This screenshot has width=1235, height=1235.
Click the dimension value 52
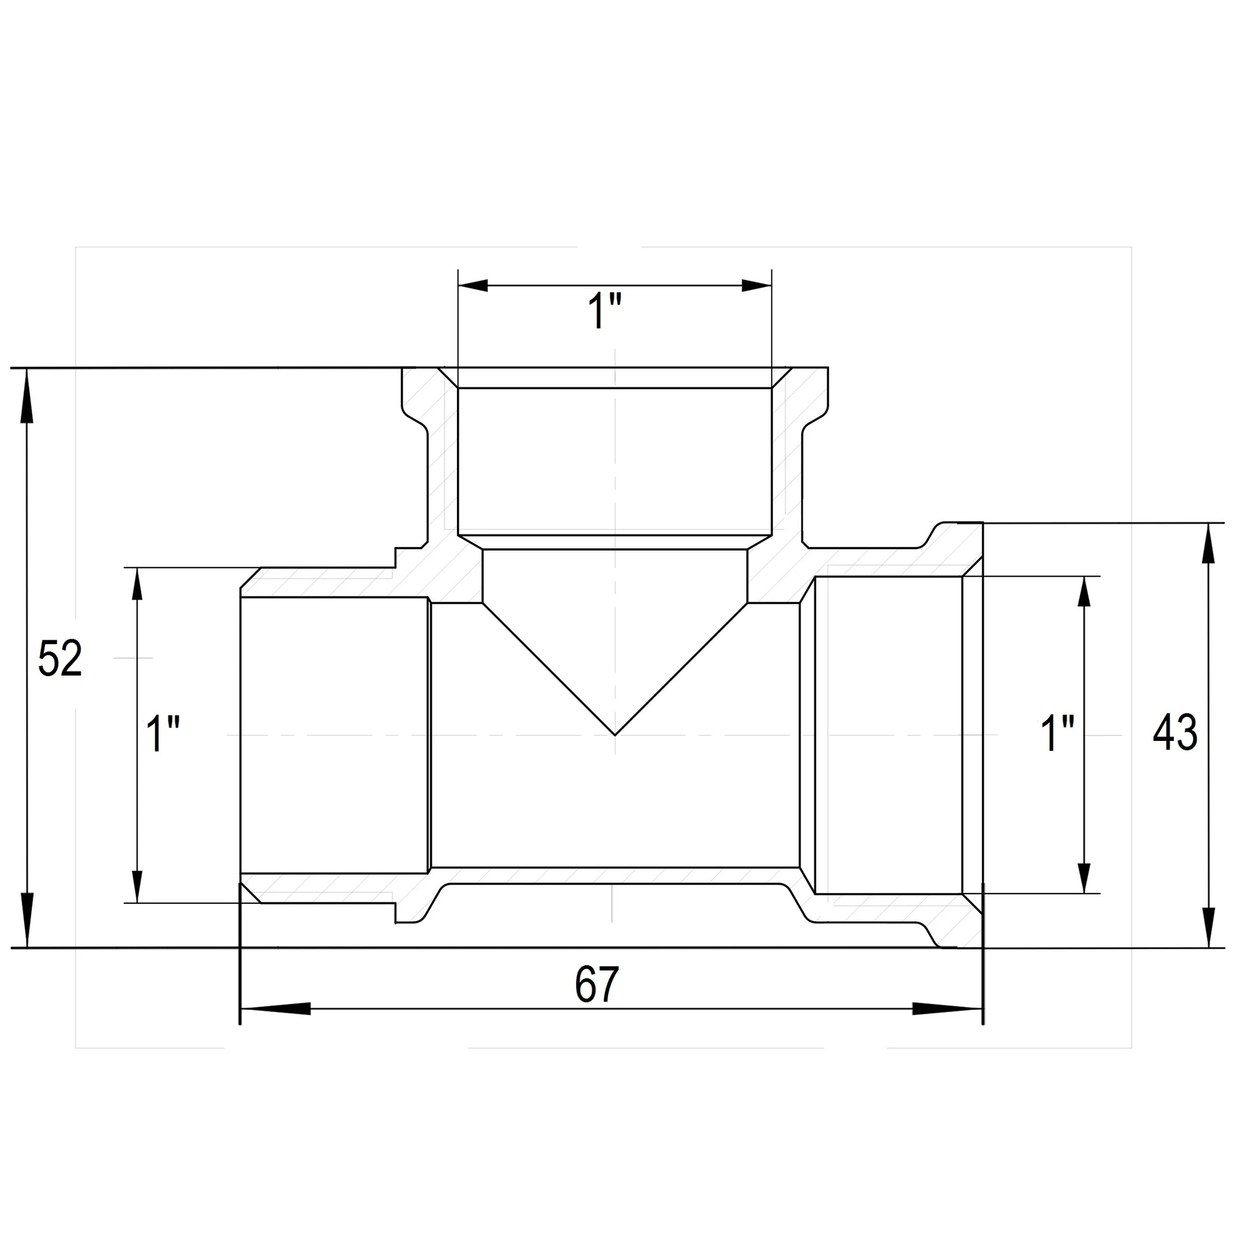pyautogui.click(x=60, y=658)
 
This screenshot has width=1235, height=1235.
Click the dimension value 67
pyautogui.click(x=597, y=985)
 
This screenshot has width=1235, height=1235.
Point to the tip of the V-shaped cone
pyautogui.click(x=614, y=734)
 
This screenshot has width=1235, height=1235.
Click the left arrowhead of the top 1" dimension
pyautogui.click(x=474, y=286)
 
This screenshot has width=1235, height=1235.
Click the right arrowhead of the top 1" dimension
pyautogui.click(x=757, y=286)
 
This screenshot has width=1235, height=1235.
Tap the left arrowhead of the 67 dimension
pyautogui.click(x=275, y=1009)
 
